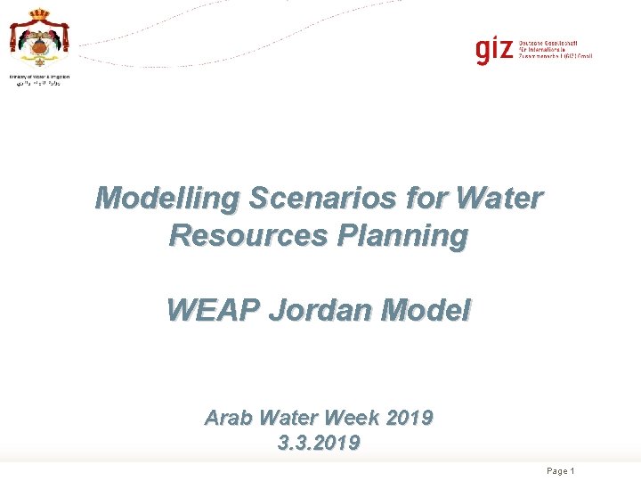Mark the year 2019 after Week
tap(416, 417)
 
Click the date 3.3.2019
tap(320, 443)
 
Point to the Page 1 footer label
tap(560, 470)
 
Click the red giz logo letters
tap(493, 51)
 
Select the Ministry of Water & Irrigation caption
tap(39, 77)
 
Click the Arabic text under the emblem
tap(39, 86)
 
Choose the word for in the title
tap(425, 198)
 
